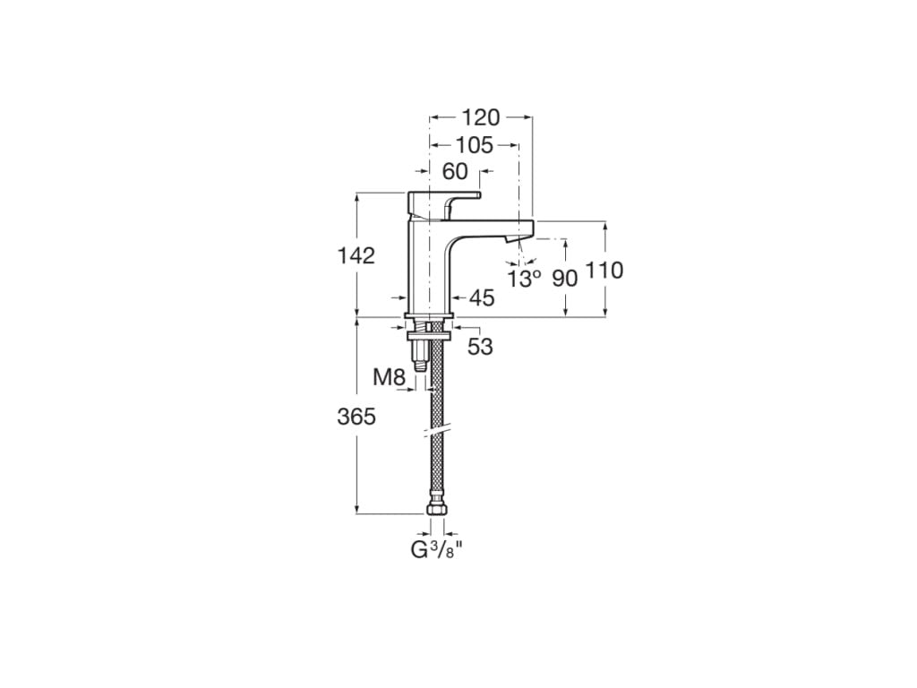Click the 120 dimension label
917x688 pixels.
(x=481, y=117)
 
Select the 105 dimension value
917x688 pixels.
(x=474, y=145)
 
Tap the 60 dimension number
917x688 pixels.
(x=455, y=171)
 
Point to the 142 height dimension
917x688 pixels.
(x=356, y=255)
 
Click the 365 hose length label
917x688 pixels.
(x=356, y=417)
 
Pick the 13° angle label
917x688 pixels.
(x=524, y=279)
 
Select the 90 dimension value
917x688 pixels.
(x=564, y=278)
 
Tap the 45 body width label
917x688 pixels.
(x=482, y=299)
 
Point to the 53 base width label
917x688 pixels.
(x=480, y=347)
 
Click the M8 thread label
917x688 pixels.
(x=390, y=377)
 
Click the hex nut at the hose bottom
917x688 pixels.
(x=436, y=511)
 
